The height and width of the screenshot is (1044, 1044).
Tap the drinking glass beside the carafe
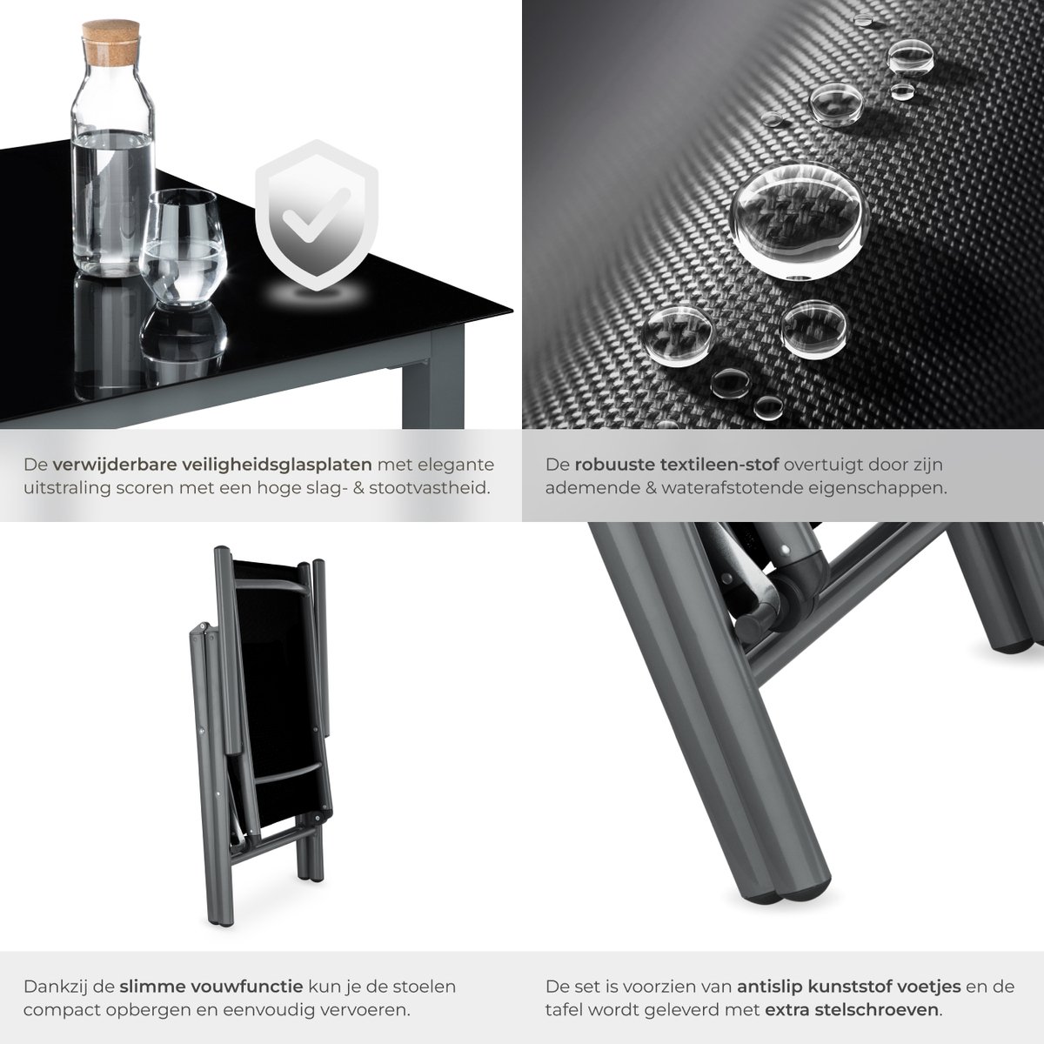click(182, 247)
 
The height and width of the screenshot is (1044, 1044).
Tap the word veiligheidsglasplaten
click(277, 465)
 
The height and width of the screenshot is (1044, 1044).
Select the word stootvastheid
click(430, 487)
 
